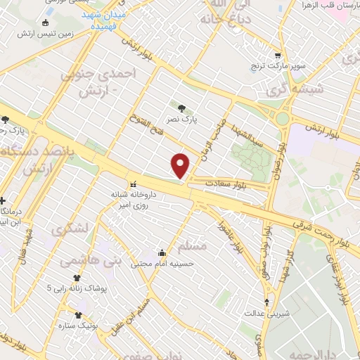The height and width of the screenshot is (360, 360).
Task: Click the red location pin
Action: (181, 165)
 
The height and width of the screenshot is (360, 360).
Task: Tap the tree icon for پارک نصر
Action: (182, 108)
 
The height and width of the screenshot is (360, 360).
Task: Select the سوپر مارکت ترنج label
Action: (280, 67)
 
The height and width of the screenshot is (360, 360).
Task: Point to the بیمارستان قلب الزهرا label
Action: (332, 7)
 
